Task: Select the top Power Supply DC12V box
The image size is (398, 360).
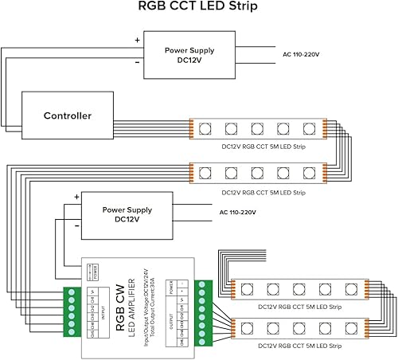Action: [189, 55]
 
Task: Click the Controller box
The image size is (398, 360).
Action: [68, 115]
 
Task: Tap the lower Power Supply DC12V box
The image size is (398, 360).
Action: [127, 214]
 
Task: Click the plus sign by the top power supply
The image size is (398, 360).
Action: [136, 39]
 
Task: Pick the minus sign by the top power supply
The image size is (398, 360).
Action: [136, 61]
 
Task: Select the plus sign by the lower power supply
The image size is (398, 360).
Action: [76, 197]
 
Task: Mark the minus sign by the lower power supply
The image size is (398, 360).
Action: [76, 225]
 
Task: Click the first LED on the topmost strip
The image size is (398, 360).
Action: [204, 128]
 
